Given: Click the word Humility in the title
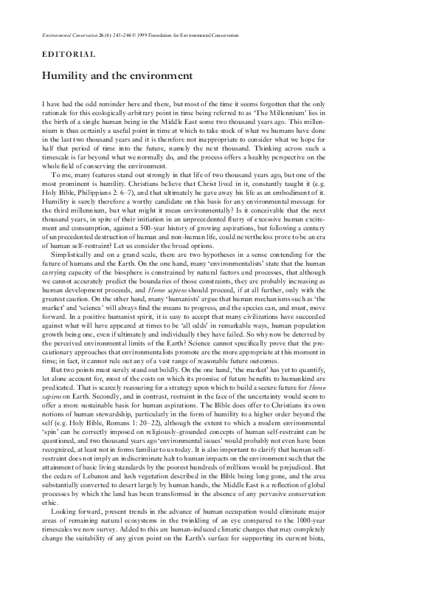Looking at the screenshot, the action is point(61,75).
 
